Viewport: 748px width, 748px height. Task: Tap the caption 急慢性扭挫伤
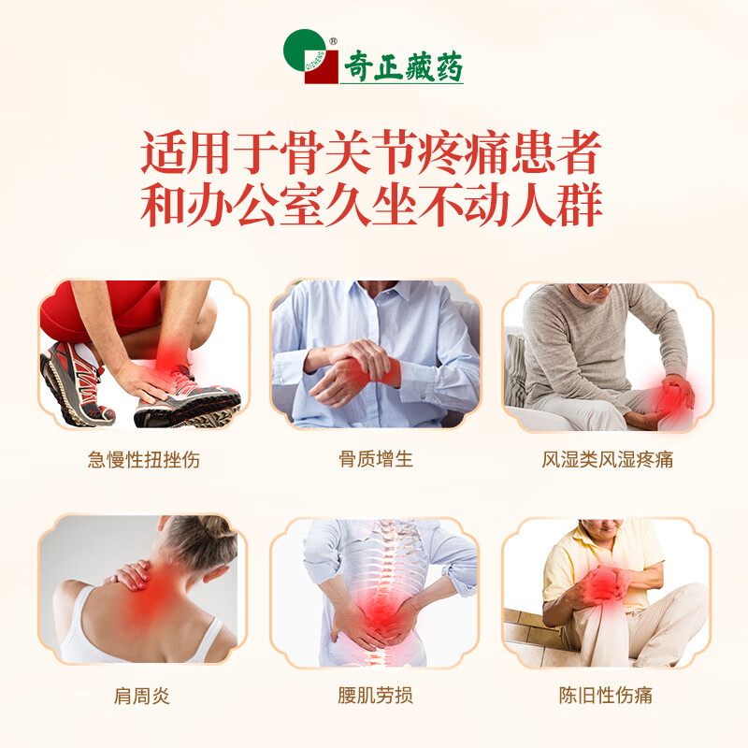143,459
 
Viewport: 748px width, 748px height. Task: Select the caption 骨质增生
375,459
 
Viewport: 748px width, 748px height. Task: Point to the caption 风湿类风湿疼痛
607,459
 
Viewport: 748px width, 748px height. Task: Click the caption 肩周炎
143,696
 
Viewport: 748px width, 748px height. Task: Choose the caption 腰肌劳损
375,696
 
